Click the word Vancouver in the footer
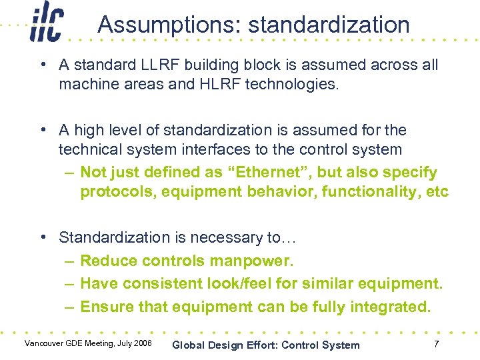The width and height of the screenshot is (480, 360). pyautogui.click(x=45, y=343)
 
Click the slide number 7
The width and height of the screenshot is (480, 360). pyautogui.click(x=435, y=344)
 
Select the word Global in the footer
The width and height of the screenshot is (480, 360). pyautogui.click(x=188, y=345)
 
